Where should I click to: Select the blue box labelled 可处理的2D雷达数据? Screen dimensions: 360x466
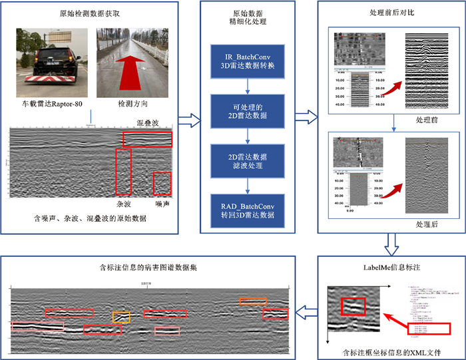point(248,110)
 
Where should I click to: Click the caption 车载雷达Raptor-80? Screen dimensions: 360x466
point(51,104)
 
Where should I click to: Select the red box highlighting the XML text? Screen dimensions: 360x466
point(429,329)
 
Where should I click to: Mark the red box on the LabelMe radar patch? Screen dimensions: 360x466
point(353,307)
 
